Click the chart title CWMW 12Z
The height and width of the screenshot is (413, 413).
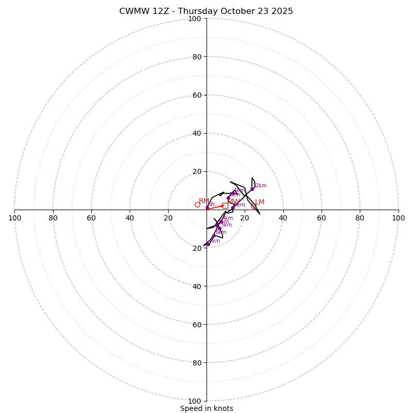pyautogui.click(x=206, y=11)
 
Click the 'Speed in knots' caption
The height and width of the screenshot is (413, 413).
pyautogui.click(x=206, y=408)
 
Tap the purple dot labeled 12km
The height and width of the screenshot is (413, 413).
pyautogui.click(x=252, y=189)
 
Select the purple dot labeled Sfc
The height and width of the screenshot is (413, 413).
pyautogui.click(x=208, y=208)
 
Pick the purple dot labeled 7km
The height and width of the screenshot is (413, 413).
pyautogui.click(x=209, y=244)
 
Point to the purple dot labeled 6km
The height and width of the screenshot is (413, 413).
pyautogui.click(x=214, y=235)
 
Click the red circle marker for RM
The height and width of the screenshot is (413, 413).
pyautogui.click(x=197, y=205)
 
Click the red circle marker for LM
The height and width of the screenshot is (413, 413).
pyautogui.click(x=253, y=206)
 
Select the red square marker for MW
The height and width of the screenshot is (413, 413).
pyautogui.click(x=225, y=205)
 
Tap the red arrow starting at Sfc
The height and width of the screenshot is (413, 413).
pyautogui.click(x=216, y=206)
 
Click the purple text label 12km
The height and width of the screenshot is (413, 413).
pyautogui.click(x=260, y=186)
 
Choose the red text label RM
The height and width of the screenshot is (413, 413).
pyautogui.click(x=204, y=201)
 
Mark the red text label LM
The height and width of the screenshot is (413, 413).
pyautogui.click(x=260, y=202)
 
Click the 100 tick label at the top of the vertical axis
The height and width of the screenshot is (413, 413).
pyautogui.click(x=194, y=19)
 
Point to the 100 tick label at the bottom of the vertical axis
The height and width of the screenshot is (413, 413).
pyautogui.click(x=194, y=401)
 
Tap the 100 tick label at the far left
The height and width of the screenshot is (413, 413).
pyautogui.click(x=15, y=218)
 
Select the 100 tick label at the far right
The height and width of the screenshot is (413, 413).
pyautogui.click(x=398, y=218)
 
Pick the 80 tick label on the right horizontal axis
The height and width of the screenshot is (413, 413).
pyautogui.click(x=360, y=218)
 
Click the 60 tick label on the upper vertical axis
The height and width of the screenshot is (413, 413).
pyautogui.click(x=196, y=95)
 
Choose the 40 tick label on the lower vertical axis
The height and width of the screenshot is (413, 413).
pyautogui.click(x=196, y=286)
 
